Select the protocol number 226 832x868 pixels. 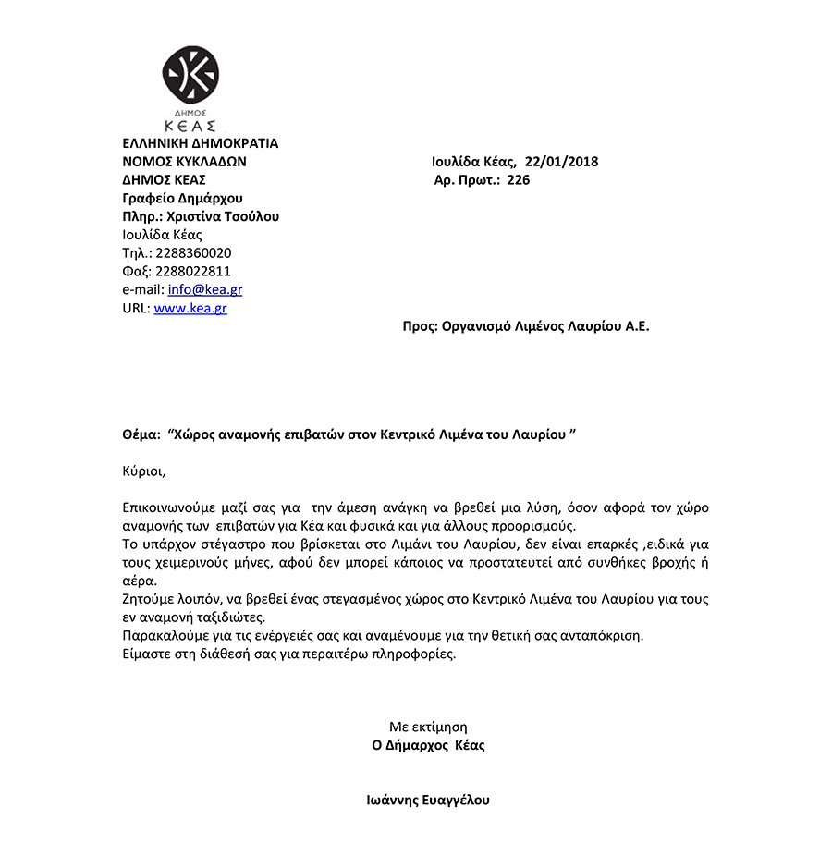519,180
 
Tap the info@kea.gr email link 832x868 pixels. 205,289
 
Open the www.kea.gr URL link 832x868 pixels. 190,308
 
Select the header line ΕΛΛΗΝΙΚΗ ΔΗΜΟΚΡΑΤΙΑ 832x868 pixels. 200,143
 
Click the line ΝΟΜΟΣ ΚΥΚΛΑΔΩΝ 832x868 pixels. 184,162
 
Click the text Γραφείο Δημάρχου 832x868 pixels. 182,199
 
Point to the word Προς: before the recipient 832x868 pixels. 420,326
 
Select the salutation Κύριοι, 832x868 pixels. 143,471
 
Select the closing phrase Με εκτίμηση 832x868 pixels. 428,727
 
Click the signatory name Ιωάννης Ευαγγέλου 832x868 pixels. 428,801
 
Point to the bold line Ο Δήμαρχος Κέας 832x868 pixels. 428,745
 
